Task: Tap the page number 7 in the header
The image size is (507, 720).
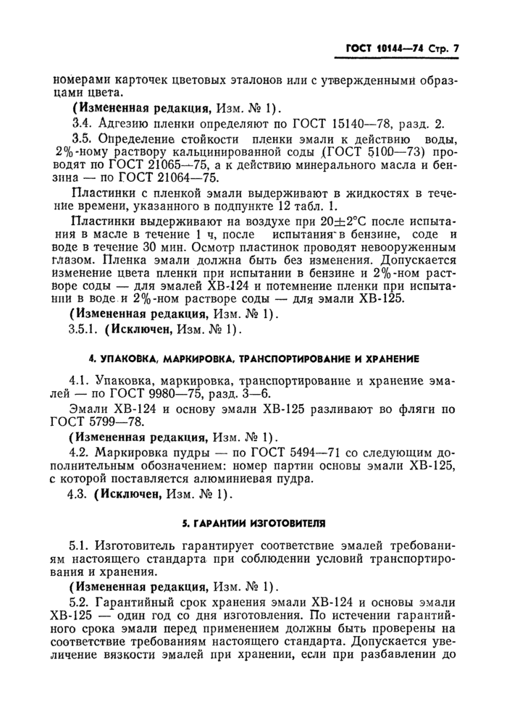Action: click(x=456, y=49)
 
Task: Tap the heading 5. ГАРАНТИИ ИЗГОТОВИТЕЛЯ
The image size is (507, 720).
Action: click(x=253, y=522)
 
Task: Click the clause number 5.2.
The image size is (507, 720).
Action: click(x=78, y=603)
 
